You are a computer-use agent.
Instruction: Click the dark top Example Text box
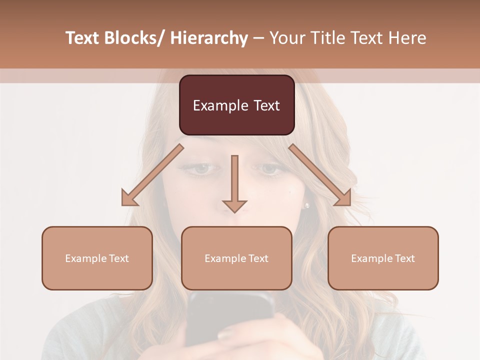click(x=236, y=105)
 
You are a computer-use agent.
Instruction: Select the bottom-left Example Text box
click(x=97, y=258)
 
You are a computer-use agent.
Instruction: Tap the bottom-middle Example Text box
click(x=236, y=258)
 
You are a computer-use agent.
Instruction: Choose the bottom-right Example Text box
click(x=383, y=258)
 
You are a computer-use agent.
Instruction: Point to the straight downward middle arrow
click(x=234, y=180)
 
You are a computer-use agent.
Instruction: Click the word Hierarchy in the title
click(x=209, y=38)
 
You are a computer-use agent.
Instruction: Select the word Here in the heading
click(x=408, y=38)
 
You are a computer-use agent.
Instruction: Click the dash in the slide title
click(x=258, y=38)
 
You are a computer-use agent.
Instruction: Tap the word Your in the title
click(x=287, y=38)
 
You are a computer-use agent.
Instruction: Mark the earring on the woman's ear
click(x=307, y=205)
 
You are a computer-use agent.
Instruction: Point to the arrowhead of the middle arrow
click(x=234, y=205)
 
